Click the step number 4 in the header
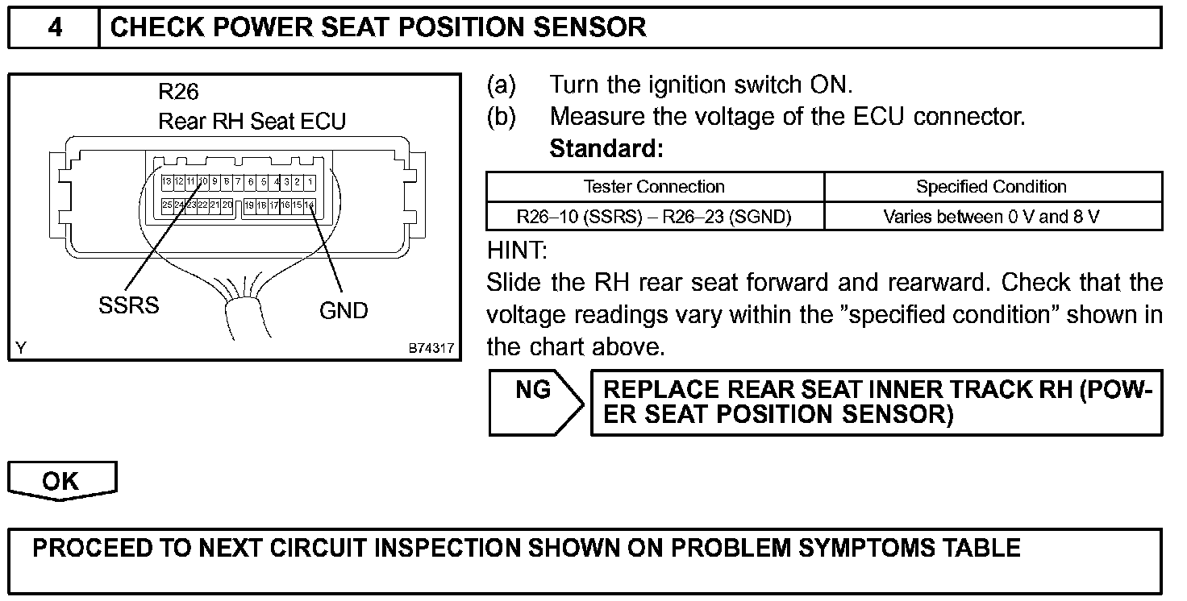tap(54, 27)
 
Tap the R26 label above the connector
tap(178, 91)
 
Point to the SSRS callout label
tap(129, 306)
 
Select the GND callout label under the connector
tap(344, 310)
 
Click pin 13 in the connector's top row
tap(166, 182)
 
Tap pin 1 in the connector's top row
tap(310, 182)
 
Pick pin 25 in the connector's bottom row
tap(166, 205)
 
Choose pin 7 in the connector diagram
tap(239, 182)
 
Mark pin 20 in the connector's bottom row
tap(227, 205)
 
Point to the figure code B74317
tap(431, 349)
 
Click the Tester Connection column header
tap(654, 187)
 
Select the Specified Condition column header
tap(991, 187)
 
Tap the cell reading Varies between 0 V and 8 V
tap(991, 216)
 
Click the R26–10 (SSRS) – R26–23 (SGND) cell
tap(654, 216)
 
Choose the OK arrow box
tap(61, 481)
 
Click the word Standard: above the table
tap(606, 149)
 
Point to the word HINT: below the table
tap(517, 251)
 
